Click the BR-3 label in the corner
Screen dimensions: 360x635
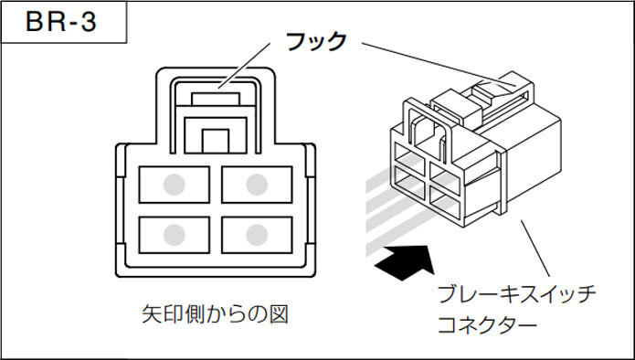[61, 22]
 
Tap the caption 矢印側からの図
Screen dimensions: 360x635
[216, 315]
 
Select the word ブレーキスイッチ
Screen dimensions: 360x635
[516, 294]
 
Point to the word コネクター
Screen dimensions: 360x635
[485, 323]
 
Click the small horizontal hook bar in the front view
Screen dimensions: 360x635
[216, 94]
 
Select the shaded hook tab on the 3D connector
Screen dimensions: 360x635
[493, 88]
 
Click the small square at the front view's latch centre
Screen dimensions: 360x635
[216, 140]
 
